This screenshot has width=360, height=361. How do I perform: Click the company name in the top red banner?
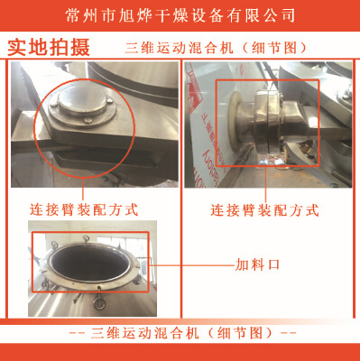pyautogui.click(x=180, y=15)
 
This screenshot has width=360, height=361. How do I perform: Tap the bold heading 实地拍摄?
pyautogui.click(x=49, y=48)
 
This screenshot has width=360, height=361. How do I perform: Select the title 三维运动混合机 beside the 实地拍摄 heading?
pyautogui.click(x=180, y=48)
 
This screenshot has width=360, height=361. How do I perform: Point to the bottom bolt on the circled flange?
pyautogui.click(x=88, y=120)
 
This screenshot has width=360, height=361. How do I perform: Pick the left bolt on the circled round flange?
pyautogui.click(x=54, y=105)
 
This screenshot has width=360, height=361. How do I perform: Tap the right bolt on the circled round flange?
pyautogui.click(x=110, y=100)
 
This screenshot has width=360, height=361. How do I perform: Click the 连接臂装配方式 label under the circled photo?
pyautogui.click(x=84, y=210)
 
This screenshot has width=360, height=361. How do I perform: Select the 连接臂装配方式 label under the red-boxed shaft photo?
pyautogui.click(x=264, y=210)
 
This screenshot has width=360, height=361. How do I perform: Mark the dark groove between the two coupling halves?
pyautogui.click(x=268, y=124)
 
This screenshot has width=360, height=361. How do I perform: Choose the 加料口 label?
pyautogui.click(x=257, y=265)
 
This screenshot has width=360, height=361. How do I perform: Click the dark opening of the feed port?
pyautogui.click(x=89, y=263)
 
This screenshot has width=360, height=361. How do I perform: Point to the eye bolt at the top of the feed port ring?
pyautogui.click(x=86, y=240)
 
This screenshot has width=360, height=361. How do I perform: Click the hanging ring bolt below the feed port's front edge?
pyautogui.click(x=98, y=301)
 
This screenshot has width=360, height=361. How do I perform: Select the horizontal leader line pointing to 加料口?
pyautogui.click(x=192, y=265)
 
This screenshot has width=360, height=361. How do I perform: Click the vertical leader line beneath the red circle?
pyautogui.click(x=83, y=190)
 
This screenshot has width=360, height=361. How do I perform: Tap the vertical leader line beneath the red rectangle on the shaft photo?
pyautogui.click(x=266, y=184)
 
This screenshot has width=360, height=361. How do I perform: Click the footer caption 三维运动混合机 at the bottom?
pyautogui.click(x=144, y=333)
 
